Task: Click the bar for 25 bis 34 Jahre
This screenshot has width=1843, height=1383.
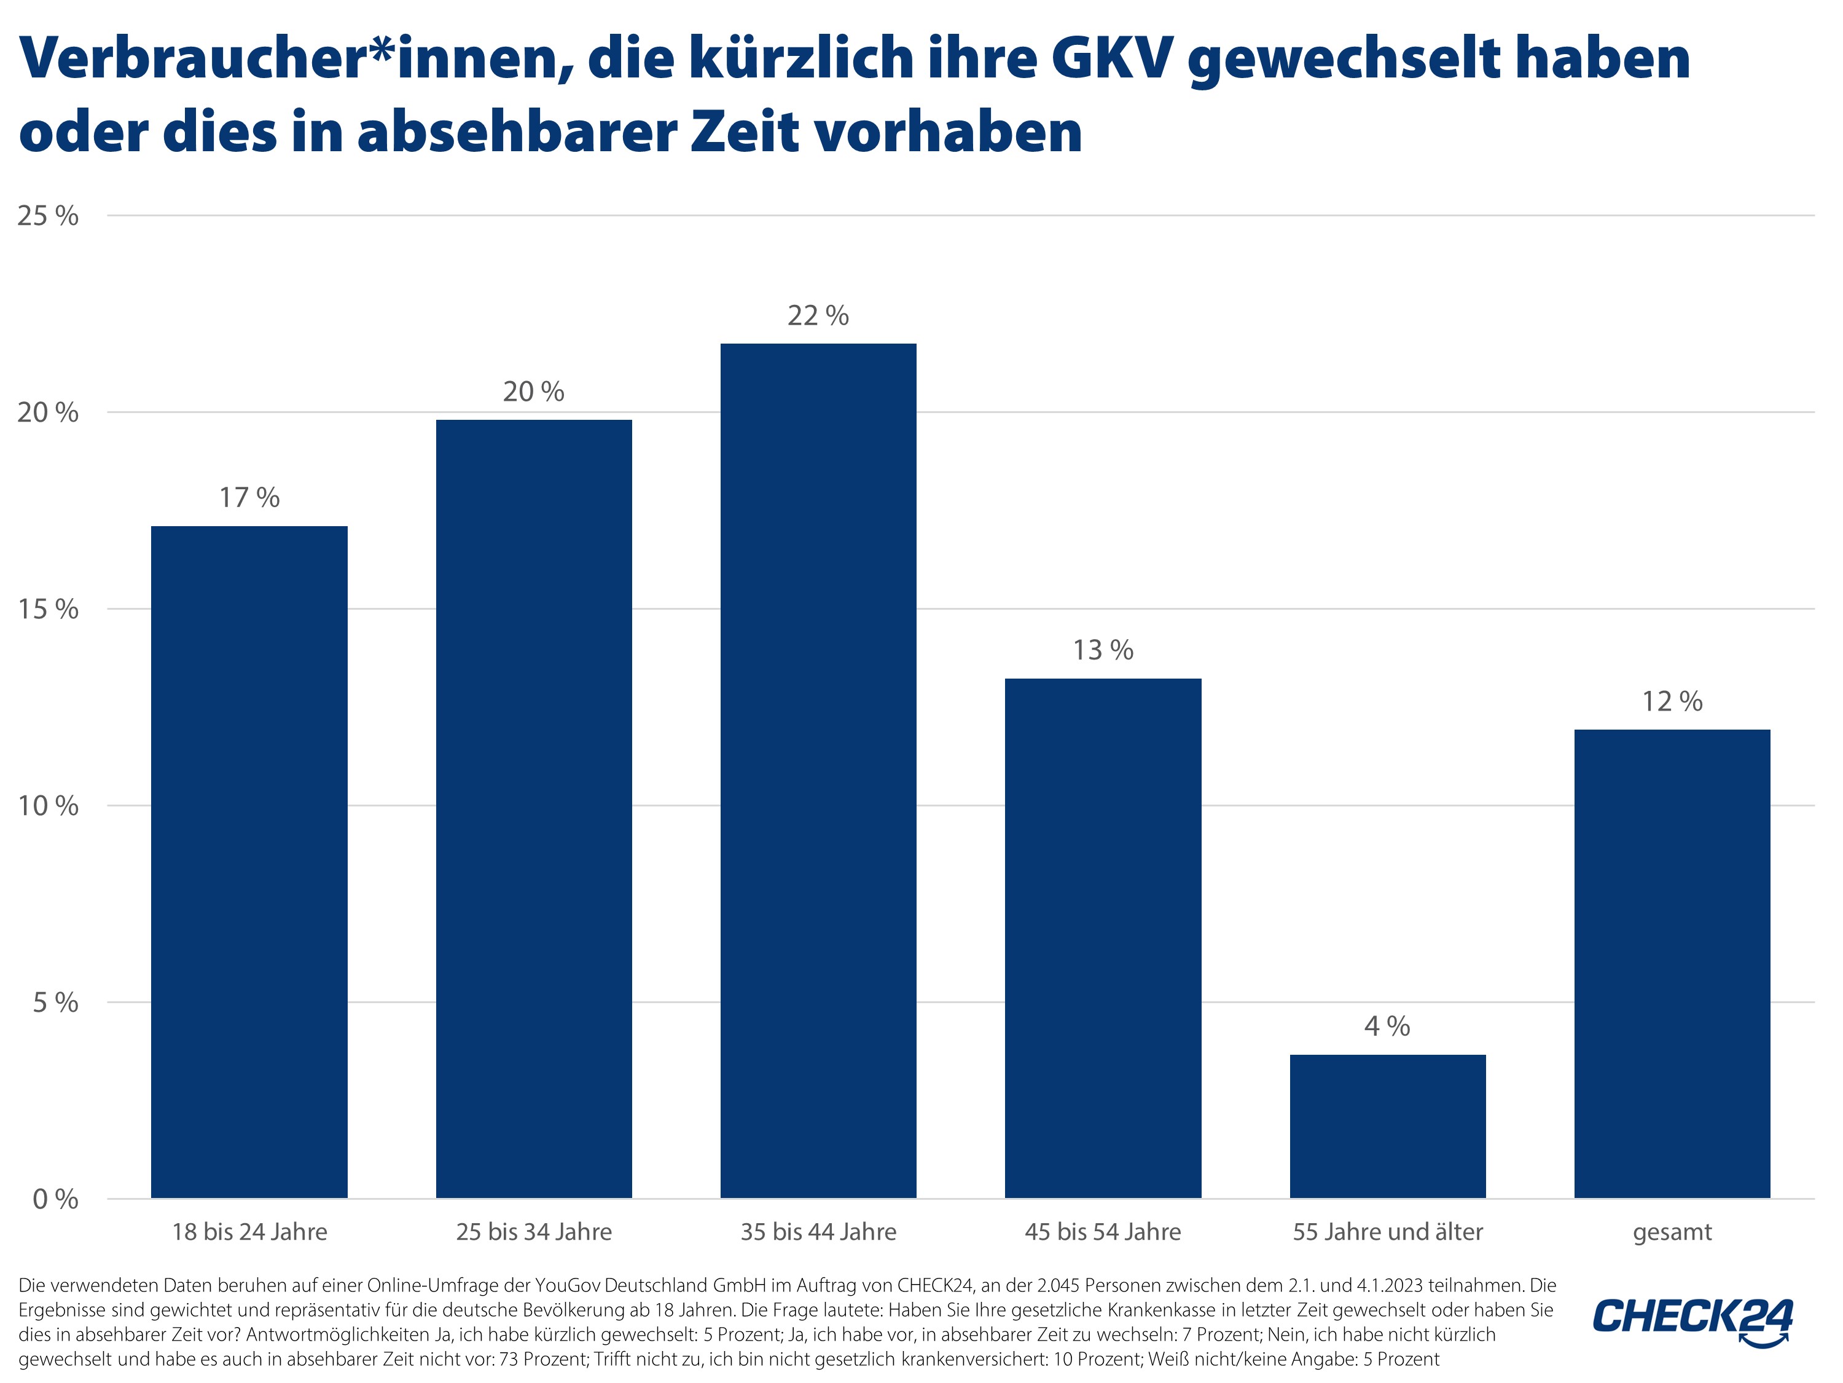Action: (534, 809)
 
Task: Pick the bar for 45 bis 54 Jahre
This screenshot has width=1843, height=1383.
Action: (1103, 938)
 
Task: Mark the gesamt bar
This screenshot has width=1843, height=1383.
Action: (1672, 964)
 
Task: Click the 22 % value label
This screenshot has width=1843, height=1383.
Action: (818, 315)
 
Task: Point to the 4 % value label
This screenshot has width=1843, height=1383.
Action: (1387, 1026)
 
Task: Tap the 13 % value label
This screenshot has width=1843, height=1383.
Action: (1103, 650)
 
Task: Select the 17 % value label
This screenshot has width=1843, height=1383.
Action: (249, 498)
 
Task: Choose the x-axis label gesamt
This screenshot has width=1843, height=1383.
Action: (1672, 1232)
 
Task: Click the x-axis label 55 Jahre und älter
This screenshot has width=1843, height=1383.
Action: (1387, 1232)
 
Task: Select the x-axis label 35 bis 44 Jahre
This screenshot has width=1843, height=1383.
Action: (818, 1232)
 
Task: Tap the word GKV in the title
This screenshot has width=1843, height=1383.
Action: (1111, 58)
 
